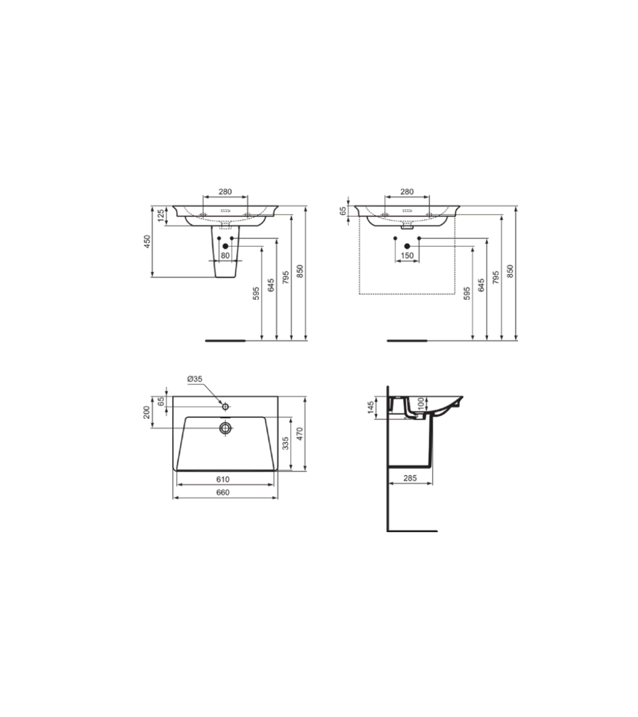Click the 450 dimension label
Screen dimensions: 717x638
(x=146, y=242)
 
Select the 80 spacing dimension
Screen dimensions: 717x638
(x=225, y=256)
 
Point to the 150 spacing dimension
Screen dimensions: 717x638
(x=406, y=256)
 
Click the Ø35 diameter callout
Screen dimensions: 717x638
(x=195, y=379)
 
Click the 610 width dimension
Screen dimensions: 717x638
(x=223, y=479)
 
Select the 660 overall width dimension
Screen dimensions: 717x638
(x=223, y=493)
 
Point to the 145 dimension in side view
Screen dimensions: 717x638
(x=371, y=407)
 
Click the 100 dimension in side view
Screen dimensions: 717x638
(x=422, y=403)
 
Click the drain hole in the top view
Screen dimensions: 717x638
(x=225, y=428)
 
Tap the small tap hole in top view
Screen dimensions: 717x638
(x=225, y=406)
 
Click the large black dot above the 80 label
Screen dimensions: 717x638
(x=225, y=245)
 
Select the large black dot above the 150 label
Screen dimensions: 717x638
(x=407, y=245)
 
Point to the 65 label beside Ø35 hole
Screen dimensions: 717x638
(x=161, y=401)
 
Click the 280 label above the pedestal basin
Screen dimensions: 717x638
(x=225, y=191)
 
